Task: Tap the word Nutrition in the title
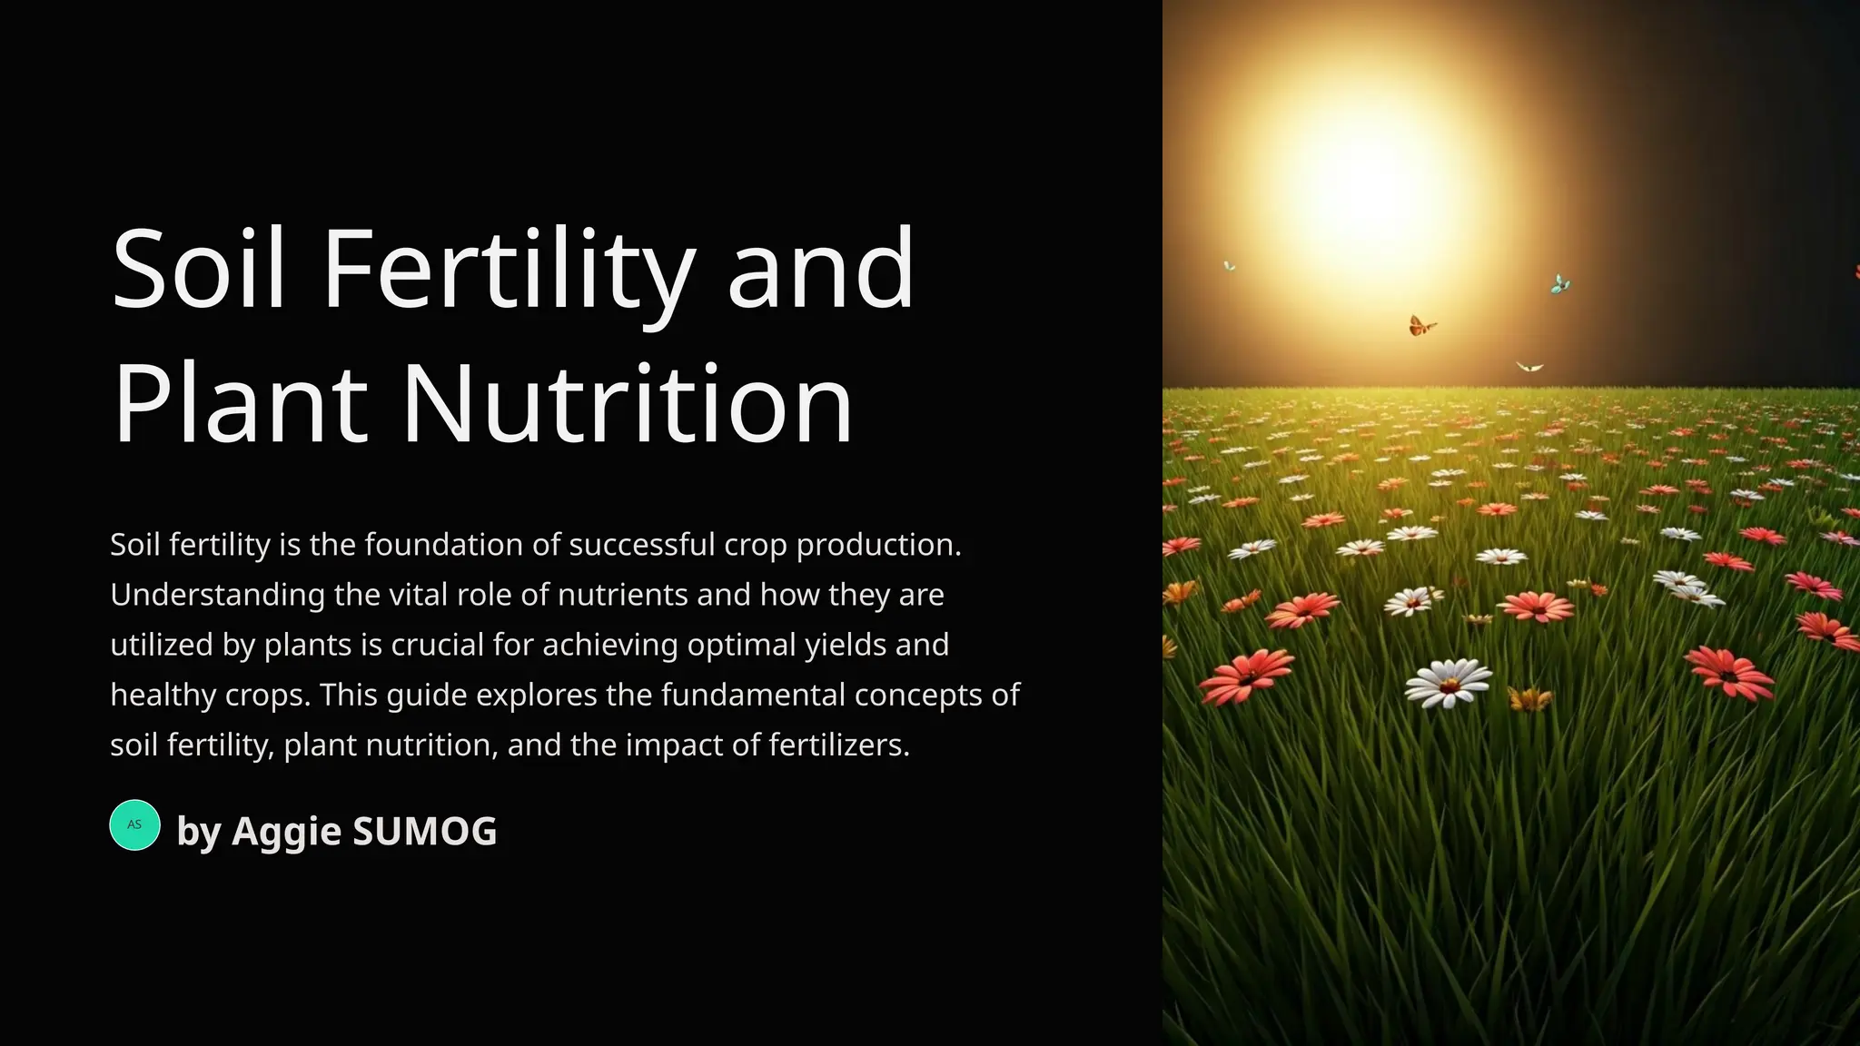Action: click(x=627, y=405)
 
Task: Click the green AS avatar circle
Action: click(x=134, y=824)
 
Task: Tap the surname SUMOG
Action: click(x=424, y=832)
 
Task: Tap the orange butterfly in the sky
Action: click(x=1420, y=325)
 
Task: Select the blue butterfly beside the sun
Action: click(x=1559, y=284)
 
